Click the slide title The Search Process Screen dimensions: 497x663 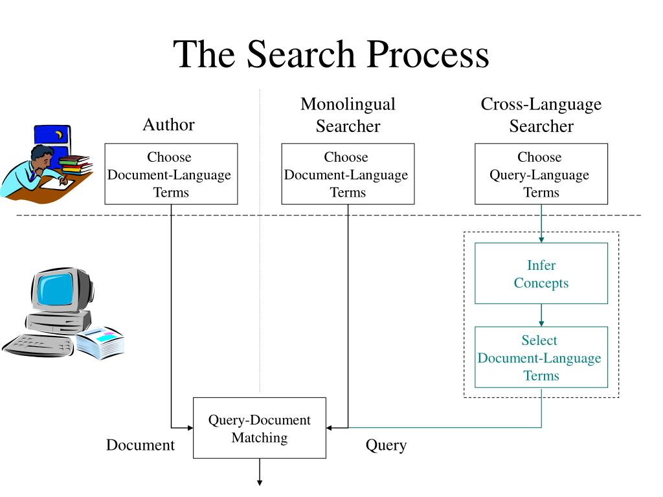pos(331,54)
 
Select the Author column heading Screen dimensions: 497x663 pos(168,124)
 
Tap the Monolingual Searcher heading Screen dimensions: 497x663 pos(348,115)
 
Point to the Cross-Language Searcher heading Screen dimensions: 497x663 pos(541,115)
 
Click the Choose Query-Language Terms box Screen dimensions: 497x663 pos(541,174)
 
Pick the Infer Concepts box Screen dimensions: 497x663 pos(541,274)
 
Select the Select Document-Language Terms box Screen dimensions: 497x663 pos(541,357)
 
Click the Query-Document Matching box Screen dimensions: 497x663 pos(260,428)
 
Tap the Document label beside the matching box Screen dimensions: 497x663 pos(140,445)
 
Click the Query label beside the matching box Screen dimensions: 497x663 pos(386,445)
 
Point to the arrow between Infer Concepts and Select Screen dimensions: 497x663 pos(541,315)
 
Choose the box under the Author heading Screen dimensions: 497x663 pos(171,174)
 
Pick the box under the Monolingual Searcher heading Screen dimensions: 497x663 pos(348,174)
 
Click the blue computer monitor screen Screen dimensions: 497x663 pos(56,289)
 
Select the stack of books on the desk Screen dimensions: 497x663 pos(75,164)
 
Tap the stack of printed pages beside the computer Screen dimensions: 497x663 pos(100,343)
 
